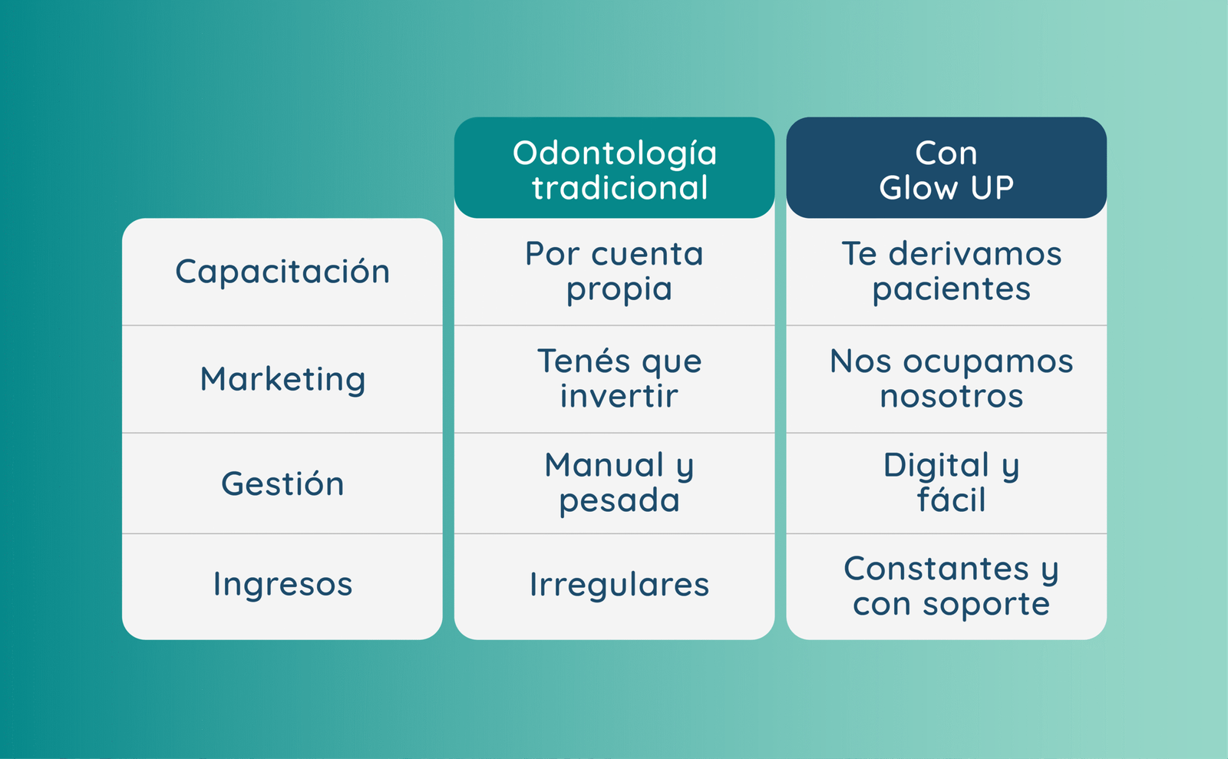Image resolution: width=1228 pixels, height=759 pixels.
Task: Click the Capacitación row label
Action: pyautogui.click(x=282, y=272)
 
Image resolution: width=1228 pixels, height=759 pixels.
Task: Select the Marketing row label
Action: pyautogui.click(x=282, y=379)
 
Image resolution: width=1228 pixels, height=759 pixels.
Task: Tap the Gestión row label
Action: pyautogui.click(x=282, y=483)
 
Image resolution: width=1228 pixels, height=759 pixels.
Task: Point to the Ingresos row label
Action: pyautogui.click(x=282, y=584)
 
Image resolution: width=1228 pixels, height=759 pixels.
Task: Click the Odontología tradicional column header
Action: pyautogui.click(x=615, y=170)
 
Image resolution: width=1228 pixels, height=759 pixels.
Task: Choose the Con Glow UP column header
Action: pyautogui.click(x=946, y=170)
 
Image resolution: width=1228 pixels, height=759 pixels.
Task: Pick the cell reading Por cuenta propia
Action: pyautogui.click(x=615, y=272)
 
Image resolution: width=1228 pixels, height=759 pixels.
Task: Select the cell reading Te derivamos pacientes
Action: pyautogui.click(x=951, y=272)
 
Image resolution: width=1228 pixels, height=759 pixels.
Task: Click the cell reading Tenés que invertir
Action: pyautogui.click(x=619, y=378)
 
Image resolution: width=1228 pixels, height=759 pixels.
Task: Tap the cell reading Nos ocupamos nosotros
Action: pyautogui.click(x=951, y=378)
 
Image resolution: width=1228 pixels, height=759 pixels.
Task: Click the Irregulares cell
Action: pyautogui.click(x=619, y=584)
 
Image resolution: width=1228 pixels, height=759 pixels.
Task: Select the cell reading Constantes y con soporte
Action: pyautogui.click(x=951, y=586)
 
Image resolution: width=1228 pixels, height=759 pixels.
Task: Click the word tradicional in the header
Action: pyautogui.click(x=619, y=187)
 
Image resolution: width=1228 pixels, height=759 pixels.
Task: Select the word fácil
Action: pyautogui.click(x=951, y=500)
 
